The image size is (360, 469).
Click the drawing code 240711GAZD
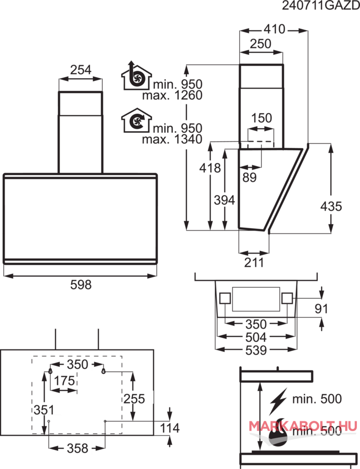click(321, 6)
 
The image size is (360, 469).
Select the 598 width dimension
click(81, 285)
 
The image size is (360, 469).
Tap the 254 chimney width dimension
click(81, 70)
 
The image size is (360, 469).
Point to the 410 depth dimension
click(274, 29)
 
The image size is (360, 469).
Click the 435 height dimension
click(331, 206)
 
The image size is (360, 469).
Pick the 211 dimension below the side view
click(254, 263)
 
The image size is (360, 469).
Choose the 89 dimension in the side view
click(249, 177)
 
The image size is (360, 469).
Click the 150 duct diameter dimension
click(262, 118)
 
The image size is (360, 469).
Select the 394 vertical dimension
click(224, 200)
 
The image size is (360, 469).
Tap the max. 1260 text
click(172, 95)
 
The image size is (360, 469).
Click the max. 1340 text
click(172, 139)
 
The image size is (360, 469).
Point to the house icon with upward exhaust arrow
click(136, 75)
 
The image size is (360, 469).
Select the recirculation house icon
click(136, 121)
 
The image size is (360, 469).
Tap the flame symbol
click(278, 433)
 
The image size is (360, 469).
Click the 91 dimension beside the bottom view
click(321, 309)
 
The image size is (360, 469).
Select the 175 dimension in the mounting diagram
click(64, 381)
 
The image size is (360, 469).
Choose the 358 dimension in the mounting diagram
click(77, 448)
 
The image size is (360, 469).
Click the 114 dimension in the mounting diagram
click(170, 428)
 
